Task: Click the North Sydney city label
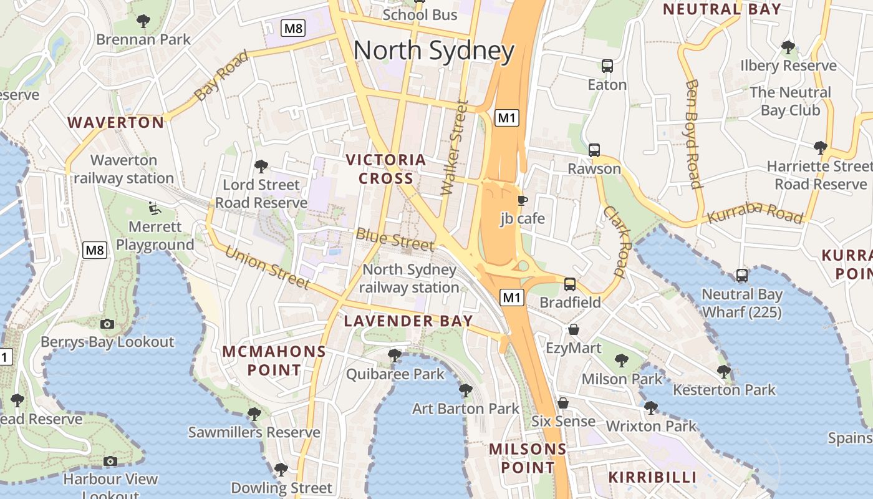[x=434, y=51]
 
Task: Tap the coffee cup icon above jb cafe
[x=522, y=200]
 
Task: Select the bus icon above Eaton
[x=607, y=65]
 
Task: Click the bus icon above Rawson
[x=594, y=150]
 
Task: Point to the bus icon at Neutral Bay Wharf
[x=741, y=275]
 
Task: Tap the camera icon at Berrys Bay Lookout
[x=107, y=324]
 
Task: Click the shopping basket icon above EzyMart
[x=573, y=329]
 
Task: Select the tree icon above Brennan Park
[x=143, y=21]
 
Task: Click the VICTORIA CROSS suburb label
[x=386, y=169]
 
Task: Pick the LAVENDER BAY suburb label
[x=408, y=321]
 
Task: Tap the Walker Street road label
[x=453, y=148]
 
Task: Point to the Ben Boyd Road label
[x=693, y=133]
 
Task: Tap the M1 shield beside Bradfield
[x=512, y=298]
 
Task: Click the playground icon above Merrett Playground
[x=154, y=208]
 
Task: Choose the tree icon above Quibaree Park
[x=394, y=356]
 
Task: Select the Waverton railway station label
[x=123, y=169]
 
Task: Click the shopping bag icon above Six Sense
[x=562, y=403]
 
